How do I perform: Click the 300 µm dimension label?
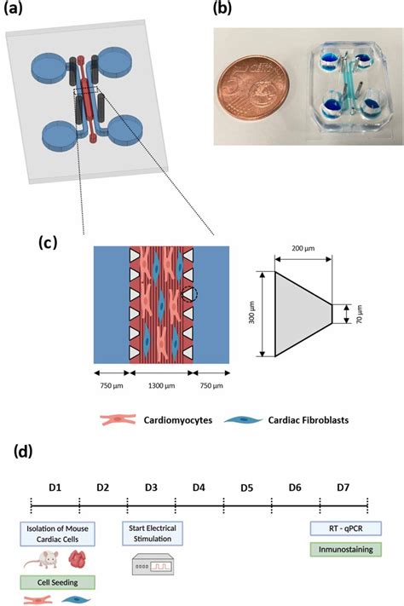click(x=251, y=314)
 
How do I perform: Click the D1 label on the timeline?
click(x=55, y=487)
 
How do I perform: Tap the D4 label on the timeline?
click(x=199, y=487)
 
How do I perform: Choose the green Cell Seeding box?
click(x=55, y=583)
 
